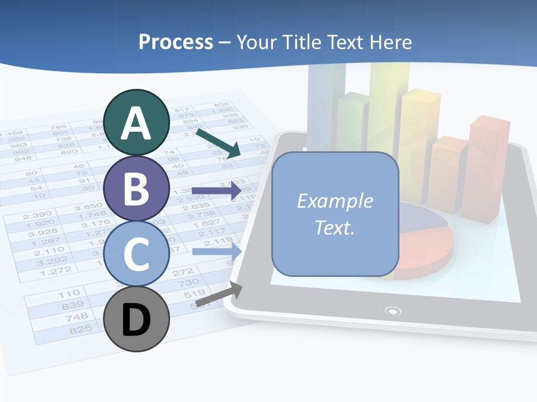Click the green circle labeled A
point(136,122)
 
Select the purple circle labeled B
point(136,188)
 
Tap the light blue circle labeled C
point(136,253)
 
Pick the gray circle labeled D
point(136,319)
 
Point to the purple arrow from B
point(216,191)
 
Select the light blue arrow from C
point(217,251)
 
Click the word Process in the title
point(176,42)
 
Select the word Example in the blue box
point(335,201)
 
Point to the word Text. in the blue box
point(335,227)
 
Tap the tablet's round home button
point(393,310)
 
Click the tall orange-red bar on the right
point(489,167)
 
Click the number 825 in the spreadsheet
point(80,330)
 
